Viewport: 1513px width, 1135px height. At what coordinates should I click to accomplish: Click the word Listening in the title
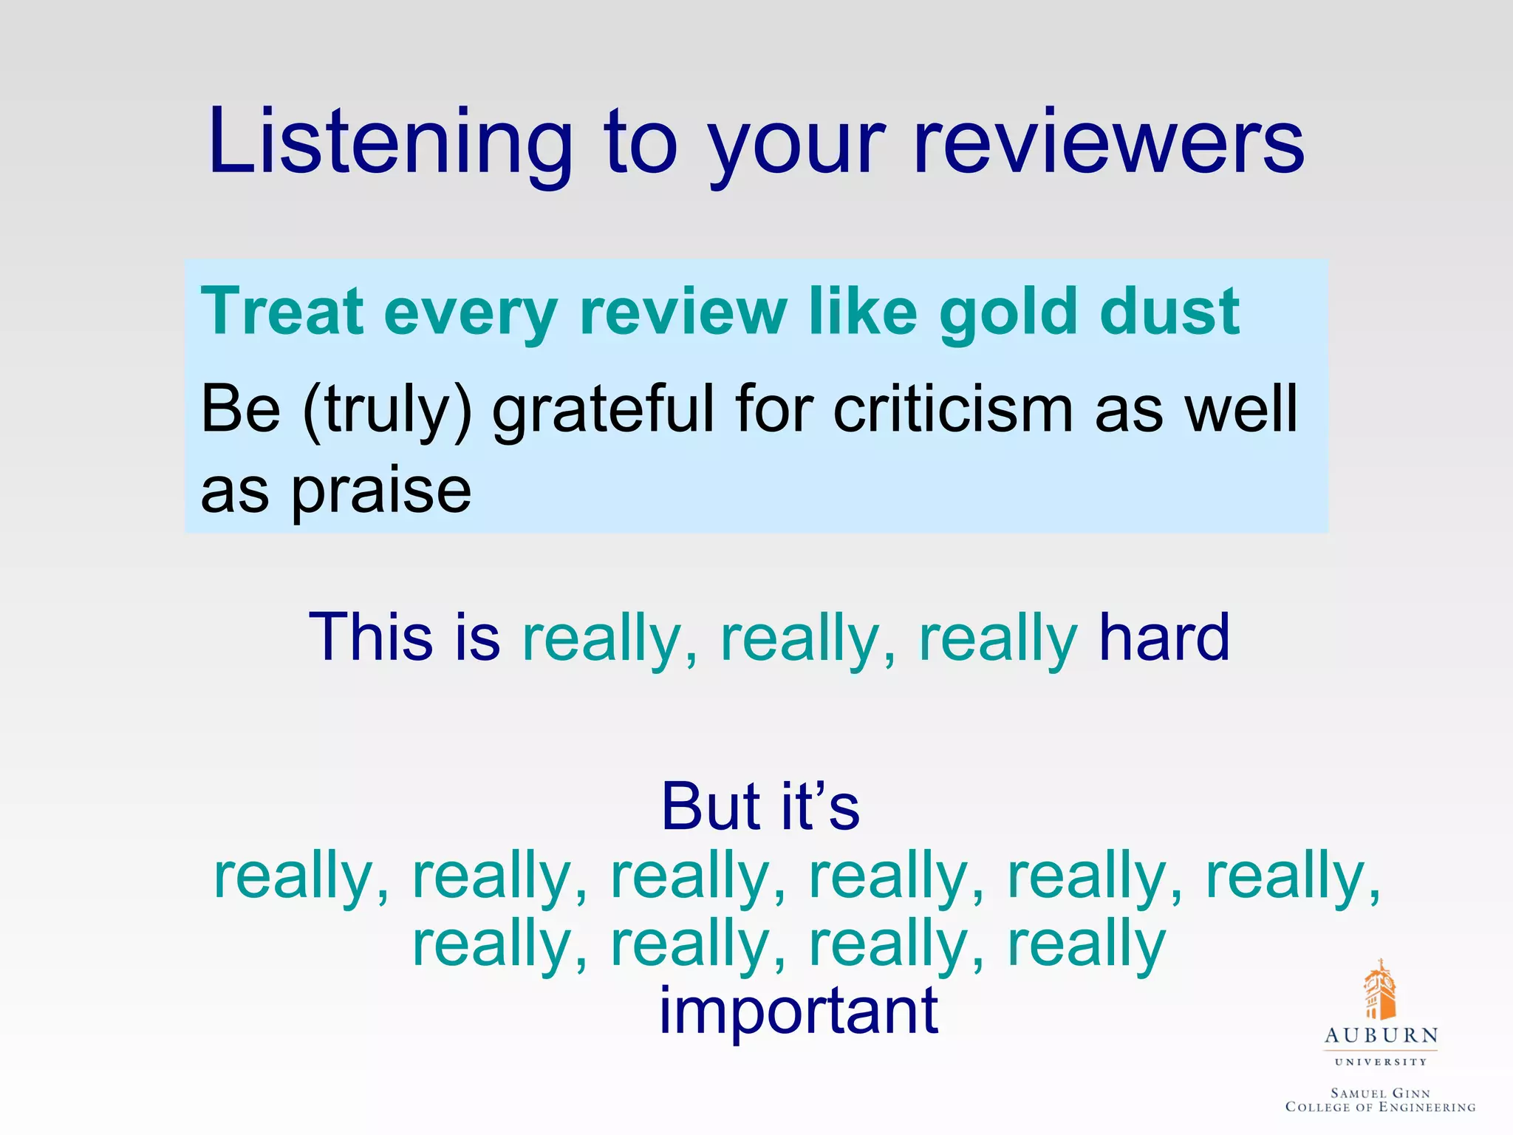pos(390,142)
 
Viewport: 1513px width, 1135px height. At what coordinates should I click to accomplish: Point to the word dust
pos(1169,312)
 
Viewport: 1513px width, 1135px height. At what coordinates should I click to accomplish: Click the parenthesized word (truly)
pos(387,410)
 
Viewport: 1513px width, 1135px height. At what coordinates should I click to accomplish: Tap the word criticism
pos(953,410)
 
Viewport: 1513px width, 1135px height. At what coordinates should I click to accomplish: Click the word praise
pos(381,491)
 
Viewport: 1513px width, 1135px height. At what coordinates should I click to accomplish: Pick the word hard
pos(1164,637)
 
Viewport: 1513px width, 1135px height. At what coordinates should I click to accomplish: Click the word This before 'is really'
pos(370,637)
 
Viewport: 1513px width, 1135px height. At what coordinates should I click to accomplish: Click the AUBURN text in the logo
pos(1381,1035)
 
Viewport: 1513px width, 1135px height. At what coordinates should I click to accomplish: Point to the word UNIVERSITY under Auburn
pos(1381,1062)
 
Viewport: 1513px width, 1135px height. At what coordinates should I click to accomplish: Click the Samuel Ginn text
pos(1380,1093)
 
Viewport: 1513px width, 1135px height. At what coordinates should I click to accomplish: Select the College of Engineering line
pos(1380,1107)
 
